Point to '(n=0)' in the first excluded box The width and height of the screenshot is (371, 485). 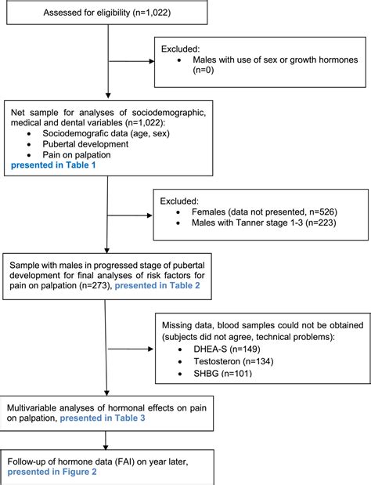click(206, 72)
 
